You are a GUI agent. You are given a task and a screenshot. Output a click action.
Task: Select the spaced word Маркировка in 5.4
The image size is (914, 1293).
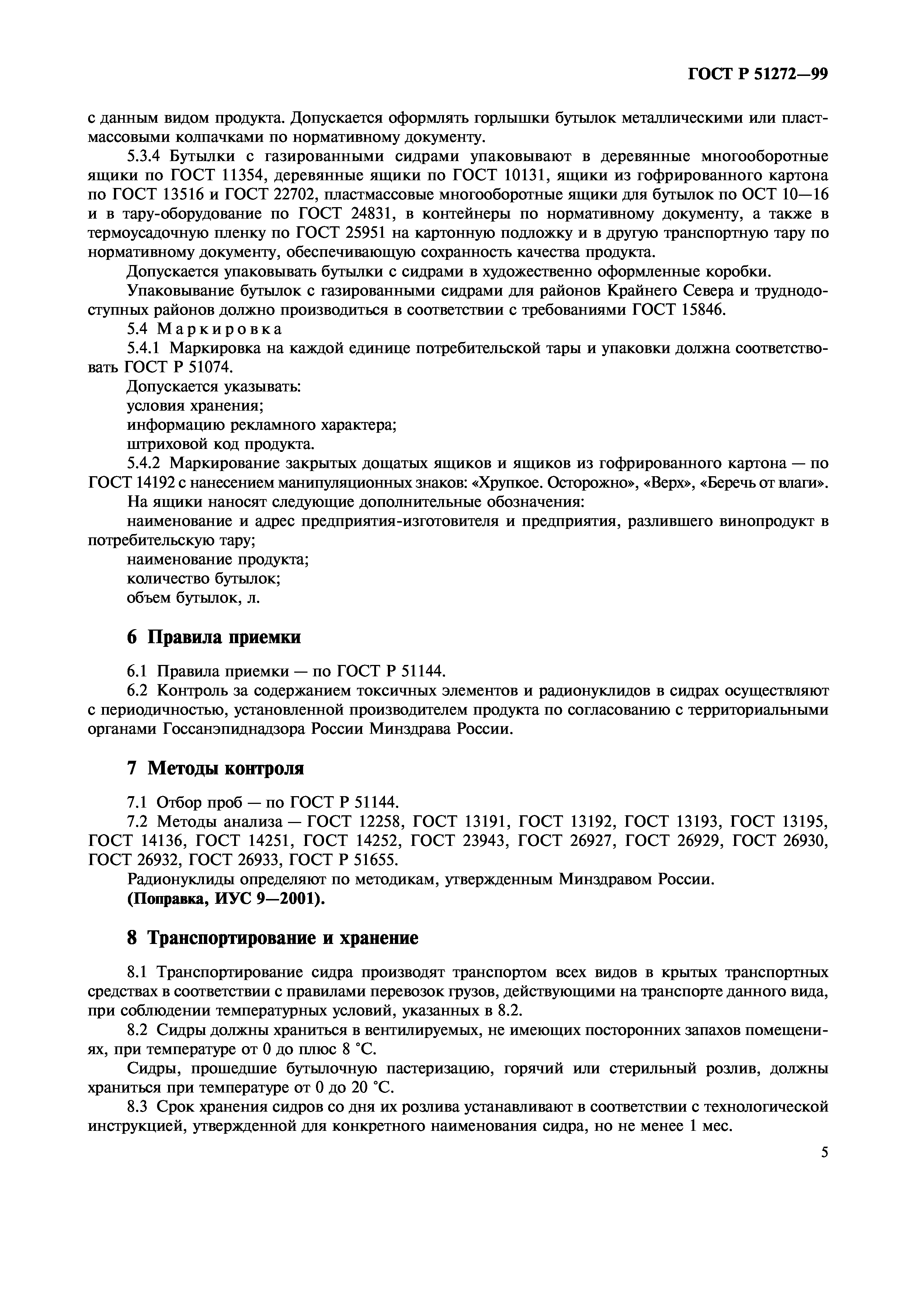[220, 329]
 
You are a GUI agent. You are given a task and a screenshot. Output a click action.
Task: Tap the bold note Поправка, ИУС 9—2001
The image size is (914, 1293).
[226, 899]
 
